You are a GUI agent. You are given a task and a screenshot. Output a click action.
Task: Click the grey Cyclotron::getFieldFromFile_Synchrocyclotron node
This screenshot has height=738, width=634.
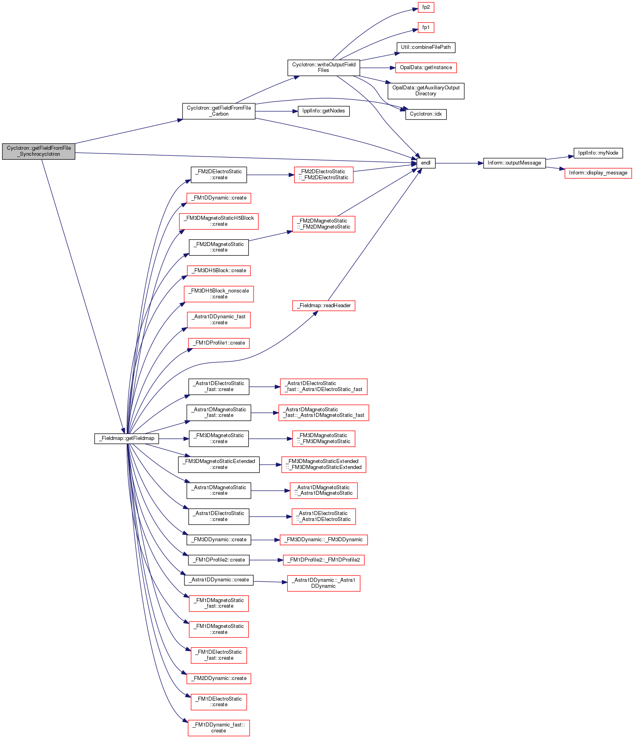click(x=39, y=151)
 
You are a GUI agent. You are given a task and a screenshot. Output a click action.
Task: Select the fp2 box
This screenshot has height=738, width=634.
click(x=426, y=7)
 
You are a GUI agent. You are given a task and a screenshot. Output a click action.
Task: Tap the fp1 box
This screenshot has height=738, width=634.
click(x=426, y=27)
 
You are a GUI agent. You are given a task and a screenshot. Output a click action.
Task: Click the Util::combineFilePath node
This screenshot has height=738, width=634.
click(x=426, y=47)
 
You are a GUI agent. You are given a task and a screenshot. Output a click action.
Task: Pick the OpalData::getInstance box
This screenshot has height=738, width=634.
click(x=426, y=68)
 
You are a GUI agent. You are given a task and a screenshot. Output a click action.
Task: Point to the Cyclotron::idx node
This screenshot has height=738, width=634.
click(x=426, y=114)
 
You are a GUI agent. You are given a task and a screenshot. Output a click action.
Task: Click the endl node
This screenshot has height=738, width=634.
click(x=426, y=163)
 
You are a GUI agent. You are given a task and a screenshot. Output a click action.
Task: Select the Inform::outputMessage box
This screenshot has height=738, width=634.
click(x=514, y=163)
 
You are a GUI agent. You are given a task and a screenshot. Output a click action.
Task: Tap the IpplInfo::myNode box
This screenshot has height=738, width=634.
click(x=598, y=153)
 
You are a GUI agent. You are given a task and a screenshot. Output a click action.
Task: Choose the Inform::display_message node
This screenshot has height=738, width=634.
click(x=598, y=173)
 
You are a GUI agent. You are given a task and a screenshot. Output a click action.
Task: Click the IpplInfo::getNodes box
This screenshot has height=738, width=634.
click(x=324, y=111)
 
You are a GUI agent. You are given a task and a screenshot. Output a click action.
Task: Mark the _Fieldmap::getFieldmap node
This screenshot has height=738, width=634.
click(x=127, y=439)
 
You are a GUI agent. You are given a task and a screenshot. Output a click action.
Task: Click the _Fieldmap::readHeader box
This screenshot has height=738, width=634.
click(x=324, y=306)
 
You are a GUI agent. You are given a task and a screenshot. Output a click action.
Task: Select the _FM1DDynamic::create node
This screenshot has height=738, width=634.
click(x=219, y=198)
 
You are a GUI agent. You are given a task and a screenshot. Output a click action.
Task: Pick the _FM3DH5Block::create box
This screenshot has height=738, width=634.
click(x=219, y=271)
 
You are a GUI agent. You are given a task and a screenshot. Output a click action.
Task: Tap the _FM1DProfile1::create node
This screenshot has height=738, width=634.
click(x=219, y=343)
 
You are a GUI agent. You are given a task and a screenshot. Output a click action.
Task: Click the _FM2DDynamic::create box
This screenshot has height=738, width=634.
click(x=219, y=678)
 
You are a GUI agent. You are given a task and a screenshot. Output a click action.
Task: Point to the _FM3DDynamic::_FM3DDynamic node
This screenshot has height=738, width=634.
click(x=324, y=540)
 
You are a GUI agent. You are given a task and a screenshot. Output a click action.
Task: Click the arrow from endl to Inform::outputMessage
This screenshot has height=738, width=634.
click(x=459, y=163)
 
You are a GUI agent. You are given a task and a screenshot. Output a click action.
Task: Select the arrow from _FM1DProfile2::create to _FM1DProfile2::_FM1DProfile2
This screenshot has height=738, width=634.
click(x=266, y=560)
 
